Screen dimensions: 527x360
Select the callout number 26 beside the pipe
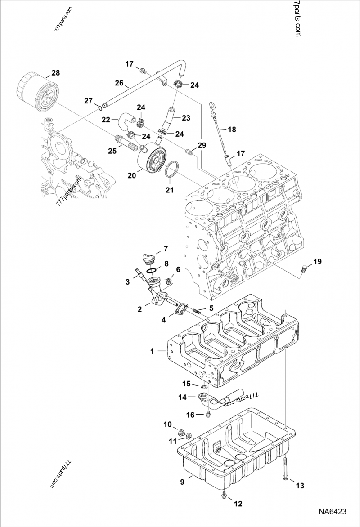pyautogui.click(x=119, y=83)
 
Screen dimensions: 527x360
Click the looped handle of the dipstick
pyautogui.click(x=211, y=107)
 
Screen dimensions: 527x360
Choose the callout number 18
pyautogui.click(x=231, y=130)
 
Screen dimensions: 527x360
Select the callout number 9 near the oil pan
pyautogui.click(x=182, y=482)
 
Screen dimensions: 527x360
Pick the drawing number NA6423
pyautogui.click(x=333, y=511)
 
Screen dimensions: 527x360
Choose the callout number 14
pyautogui.click(x=182, y=397)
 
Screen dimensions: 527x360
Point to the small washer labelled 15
pyautogui.click(x=204, y=386)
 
